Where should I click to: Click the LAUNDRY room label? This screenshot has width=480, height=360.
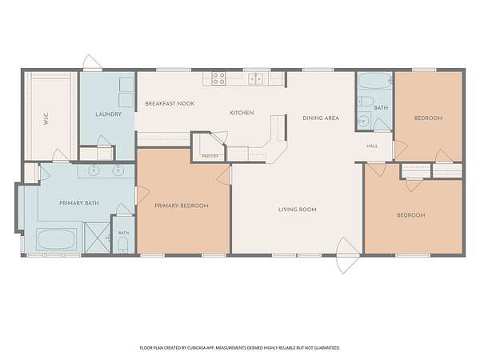click(108, 114)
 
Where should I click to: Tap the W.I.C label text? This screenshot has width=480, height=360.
click(46, 119)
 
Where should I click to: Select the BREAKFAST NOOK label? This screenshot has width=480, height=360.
click(170, 103)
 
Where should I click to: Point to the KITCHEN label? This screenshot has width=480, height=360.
click(242, 113)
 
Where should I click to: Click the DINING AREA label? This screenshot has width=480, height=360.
click(321, 118)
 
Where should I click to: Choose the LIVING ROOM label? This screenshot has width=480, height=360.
click(298, 210)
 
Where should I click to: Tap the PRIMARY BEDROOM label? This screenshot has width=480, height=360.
click(182, 206)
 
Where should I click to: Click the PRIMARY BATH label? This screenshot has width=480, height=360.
click(79, 202)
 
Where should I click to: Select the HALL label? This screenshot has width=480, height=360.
click(372, 146)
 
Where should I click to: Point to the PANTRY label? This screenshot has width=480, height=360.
click(210, 156)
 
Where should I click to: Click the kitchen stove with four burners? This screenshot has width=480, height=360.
click(219, 78)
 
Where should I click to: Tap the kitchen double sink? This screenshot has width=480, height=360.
click(256, 78)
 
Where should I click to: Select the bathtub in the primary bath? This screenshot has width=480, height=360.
click(56, 239)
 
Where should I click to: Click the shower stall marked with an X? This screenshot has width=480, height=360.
click(97, 238)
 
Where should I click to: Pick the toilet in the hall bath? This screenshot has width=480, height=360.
click(366, 101)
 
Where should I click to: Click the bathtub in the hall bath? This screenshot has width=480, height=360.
click(375, 80)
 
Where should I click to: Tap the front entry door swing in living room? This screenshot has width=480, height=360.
click(347, 254)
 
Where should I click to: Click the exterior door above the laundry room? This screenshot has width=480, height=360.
click(92, 62)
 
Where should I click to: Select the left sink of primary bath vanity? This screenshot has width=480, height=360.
click(94, 170)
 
